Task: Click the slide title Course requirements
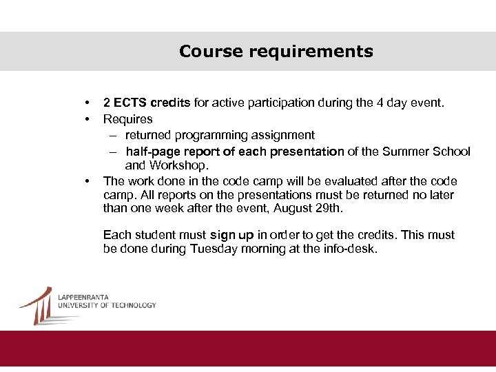click(x=276, y=52)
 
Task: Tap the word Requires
click(x=128, y=119)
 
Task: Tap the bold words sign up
click(x=232, y=235)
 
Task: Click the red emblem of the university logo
click(x=38, y=304)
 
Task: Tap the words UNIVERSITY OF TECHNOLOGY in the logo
click(x=107, y=305)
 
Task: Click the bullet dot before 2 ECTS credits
click(x=87, y=103)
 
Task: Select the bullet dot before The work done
click(x=87, y=181)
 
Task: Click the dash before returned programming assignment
click(x=112, y=135)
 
